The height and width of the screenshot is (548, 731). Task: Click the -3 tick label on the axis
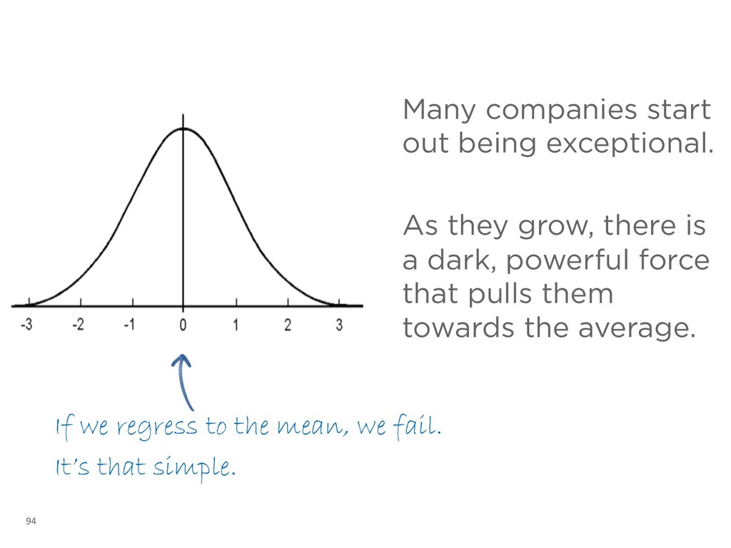point(26,325)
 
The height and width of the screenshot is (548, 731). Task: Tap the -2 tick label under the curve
point(79,325)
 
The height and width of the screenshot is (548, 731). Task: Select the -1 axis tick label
point(130,325)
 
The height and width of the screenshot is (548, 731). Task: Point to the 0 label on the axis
point(183,325)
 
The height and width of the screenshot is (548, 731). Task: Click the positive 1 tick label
point(236,325)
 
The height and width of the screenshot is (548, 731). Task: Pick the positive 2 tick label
point(288,325)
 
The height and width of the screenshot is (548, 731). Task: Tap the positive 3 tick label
point(339,325)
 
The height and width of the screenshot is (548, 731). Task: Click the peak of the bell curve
point(183,128)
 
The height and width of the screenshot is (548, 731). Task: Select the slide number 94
point(30,522)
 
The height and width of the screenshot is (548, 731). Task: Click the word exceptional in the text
point(629,144)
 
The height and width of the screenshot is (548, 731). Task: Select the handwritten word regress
point(158,428)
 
